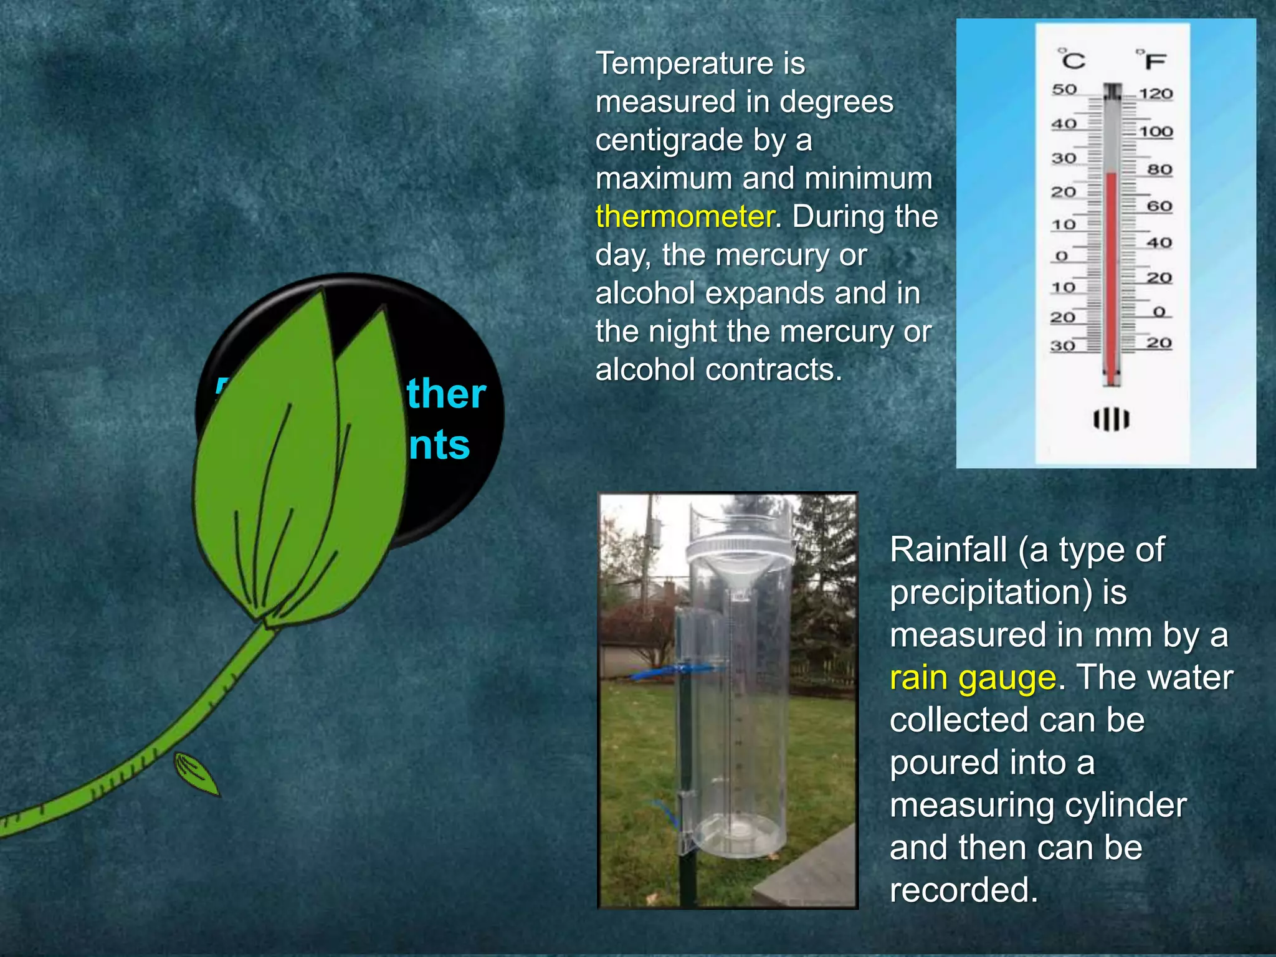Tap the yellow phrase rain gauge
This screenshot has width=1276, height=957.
tap(972, 678)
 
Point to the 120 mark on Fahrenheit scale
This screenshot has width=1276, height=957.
tap(1156, 94)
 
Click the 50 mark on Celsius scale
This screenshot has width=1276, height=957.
tap(1064, 90)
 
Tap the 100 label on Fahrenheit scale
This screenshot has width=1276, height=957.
tap(1156, 132)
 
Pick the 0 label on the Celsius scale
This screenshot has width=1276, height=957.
tap(1062, 256)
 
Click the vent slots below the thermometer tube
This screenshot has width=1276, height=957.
tap(1111, 419)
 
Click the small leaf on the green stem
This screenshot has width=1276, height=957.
tap(196, 773)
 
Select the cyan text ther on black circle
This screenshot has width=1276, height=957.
tap(446, 394)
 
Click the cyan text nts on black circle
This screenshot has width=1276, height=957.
tap(439, 445)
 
